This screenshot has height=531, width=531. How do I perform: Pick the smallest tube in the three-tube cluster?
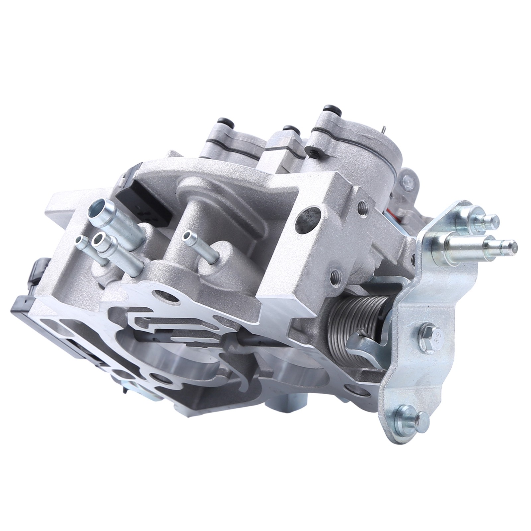click(80, 241)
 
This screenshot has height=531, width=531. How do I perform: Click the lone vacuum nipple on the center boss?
click(189, 236)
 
